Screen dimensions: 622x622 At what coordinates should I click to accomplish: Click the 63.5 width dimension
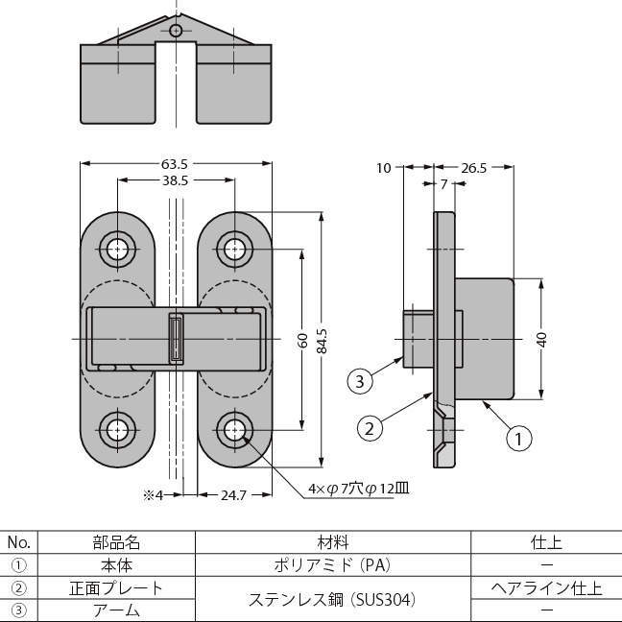(175, 163)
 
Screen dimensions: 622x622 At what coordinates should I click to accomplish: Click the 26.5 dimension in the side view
(474, 168)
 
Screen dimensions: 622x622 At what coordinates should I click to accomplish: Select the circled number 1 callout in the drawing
(517, 440)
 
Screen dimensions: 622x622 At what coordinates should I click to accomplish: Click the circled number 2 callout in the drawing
(369, 427)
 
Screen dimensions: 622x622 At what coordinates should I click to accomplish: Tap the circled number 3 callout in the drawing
(359, 381)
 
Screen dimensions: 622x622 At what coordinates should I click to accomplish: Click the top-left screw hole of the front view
(118, 250)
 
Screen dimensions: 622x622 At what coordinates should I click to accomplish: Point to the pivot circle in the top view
(176, 31)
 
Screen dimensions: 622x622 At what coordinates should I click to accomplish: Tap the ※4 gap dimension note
(155, 495)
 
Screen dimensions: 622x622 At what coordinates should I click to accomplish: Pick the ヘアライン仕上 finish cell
(546, 587)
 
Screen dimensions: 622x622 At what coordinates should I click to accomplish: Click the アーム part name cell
(117, 610)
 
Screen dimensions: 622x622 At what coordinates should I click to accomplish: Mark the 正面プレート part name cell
(117, 587)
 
